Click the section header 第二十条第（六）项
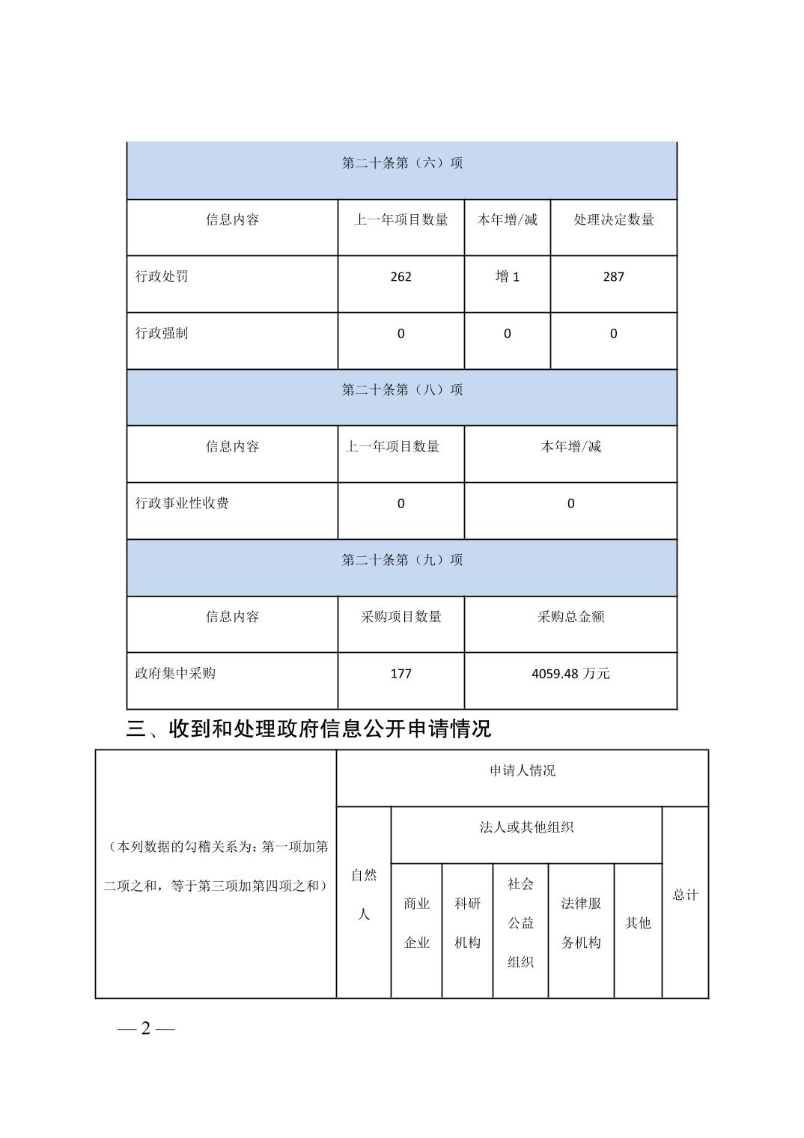[402, 162]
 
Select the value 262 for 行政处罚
[401, 276]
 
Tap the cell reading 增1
[507, 276]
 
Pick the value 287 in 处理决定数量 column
[613, 276]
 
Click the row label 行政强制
[162, 333]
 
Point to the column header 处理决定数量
[613, 219]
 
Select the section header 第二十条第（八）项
[402, 389]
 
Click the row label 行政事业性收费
[182, 503]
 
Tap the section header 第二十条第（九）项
[402, 559]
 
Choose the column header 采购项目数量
[401, 616]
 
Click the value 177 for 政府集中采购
[401, 673]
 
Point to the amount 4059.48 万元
[570, 673]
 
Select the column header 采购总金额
[570, 616]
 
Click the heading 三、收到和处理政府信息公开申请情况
[308, 728]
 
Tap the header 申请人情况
[523, 770]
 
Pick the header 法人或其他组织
[526, 827]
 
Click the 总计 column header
[685, 895]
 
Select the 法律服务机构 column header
[581, 922]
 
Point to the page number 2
[146, 1028]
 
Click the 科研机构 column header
[467, 922]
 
